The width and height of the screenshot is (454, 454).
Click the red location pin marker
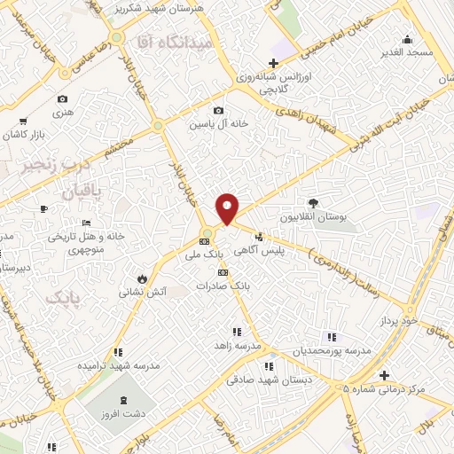(228, 208)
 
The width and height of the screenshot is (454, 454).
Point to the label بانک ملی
(204, 254)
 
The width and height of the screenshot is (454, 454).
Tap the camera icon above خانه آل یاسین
(218, 111)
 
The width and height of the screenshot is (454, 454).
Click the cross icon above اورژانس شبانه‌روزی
(274, 63)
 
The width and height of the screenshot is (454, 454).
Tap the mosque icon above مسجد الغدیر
(406, 39)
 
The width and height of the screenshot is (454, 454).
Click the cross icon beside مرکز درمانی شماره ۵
(382, 375)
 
